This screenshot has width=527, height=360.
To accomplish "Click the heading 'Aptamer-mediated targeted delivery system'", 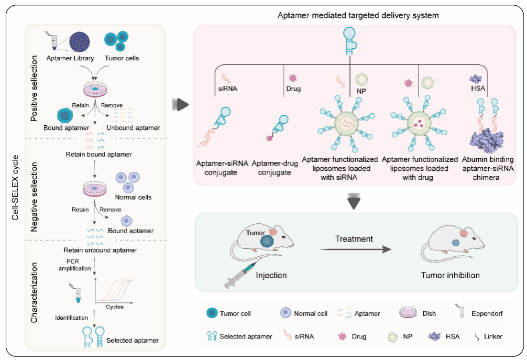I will [358, 16].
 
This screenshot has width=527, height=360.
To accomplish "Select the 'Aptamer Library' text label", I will [66, 58].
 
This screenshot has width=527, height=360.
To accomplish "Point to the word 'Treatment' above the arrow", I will [354, 239].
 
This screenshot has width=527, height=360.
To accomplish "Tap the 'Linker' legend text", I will [491, 336].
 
